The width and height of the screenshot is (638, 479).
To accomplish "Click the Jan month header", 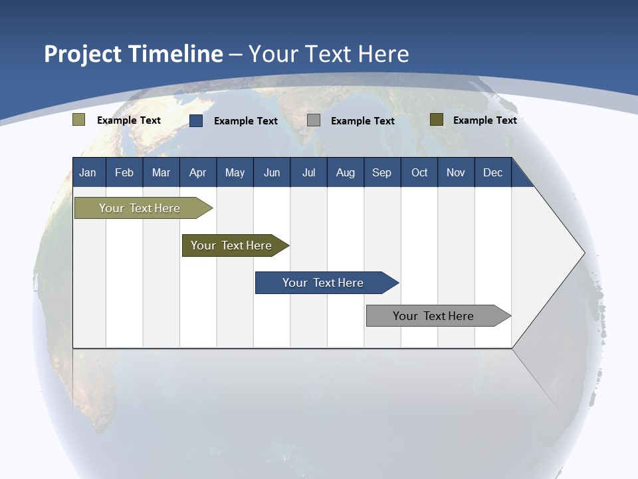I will [x=88, y=172].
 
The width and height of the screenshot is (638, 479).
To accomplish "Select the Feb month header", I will [x=124, y=172].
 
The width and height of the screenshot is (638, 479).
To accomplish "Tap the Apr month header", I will [x=197, y=172].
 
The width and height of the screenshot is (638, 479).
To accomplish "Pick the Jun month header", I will [x=272, y=172].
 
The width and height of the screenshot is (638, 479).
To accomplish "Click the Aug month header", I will [x=345, y=172].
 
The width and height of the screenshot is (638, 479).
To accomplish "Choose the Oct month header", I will [x=419, y=172].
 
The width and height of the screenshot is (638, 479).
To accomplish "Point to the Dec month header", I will [x=492, y=172].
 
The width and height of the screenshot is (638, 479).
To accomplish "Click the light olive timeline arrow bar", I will [x=140, y=208].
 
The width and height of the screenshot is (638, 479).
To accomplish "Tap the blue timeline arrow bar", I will [x=324, y=283].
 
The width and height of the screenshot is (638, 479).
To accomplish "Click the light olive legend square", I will [x=78, y=120].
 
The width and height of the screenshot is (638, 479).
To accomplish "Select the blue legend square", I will [x=196, y=120].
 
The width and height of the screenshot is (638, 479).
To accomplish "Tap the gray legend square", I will [x=314, y=120].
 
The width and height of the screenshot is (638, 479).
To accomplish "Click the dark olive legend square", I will [x=436, y=120].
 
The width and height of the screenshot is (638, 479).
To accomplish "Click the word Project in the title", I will [x=83, y=54].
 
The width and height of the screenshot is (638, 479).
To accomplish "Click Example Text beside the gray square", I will [x=362, y=120].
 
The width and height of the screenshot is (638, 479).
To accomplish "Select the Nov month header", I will [x=456, y=172].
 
